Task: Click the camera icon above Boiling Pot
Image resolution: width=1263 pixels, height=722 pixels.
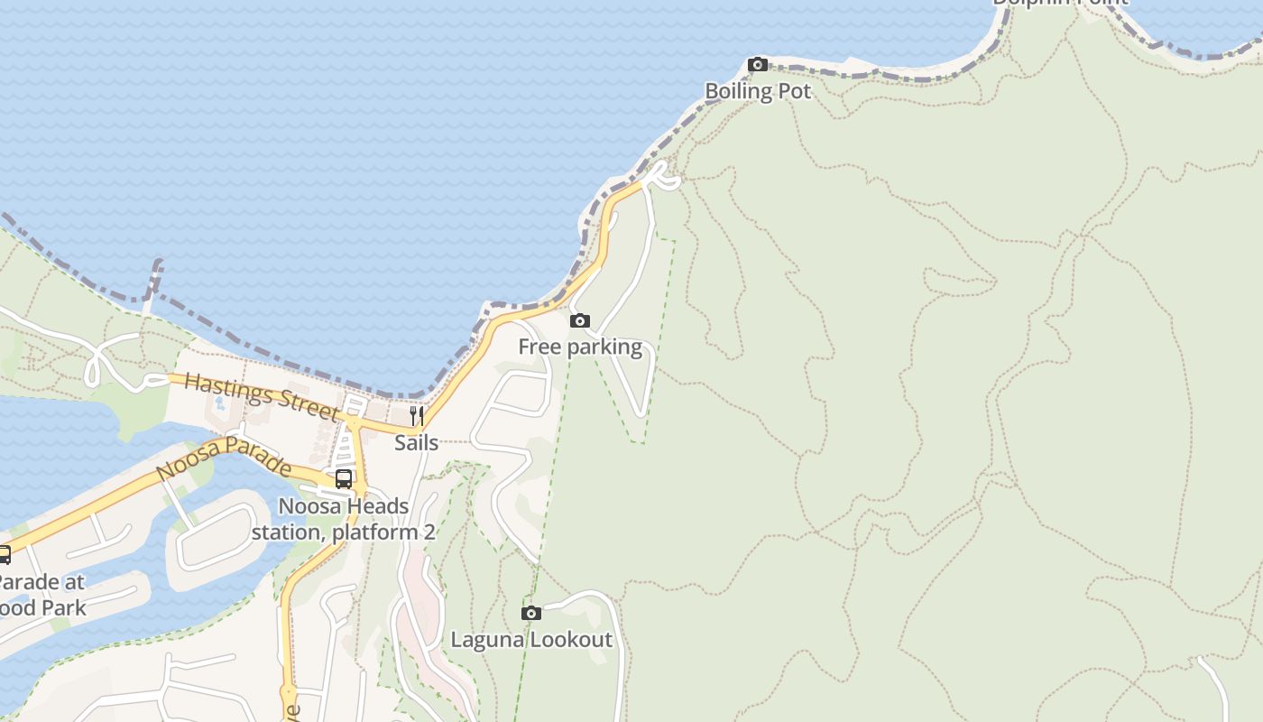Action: coord(758,64)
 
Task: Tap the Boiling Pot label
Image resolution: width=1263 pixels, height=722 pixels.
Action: coord(758,91)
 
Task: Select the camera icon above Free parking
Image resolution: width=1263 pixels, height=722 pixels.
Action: coord(580,320)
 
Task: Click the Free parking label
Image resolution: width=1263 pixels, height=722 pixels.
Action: coord(580,347)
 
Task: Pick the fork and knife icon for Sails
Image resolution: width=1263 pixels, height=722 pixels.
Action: coord(416,415)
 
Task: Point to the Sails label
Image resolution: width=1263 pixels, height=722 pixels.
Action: coord(416,443)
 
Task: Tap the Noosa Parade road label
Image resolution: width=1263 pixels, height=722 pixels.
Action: coord(224,458)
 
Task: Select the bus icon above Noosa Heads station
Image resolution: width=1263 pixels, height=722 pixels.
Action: coord(344,479)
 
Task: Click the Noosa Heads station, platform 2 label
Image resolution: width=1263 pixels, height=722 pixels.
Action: coord(344,519)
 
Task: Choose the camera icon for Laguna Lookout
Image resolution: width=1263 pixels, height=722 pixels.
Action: coord(531,613)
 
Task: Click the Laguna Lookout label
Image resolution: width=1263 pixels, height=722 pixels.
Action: coord(531,640)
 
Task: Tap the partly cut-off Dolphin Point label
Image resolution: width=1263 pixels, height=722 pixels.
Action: coord(1060,3)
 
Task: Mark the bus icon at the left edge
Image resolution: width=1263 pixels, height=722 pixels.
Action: coord(4,554)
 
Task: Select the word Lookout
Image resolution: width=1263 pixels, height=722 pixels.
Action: coord(571,640)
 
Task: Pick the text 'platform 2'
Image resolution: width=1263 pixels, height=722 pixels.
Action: coord(383,532)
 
